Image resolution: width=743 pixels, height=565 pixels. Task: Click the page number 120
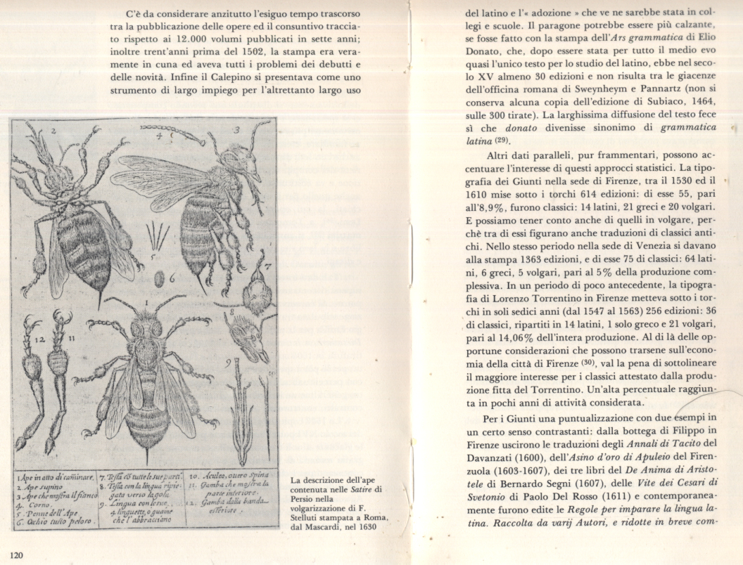click(17, 555)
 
